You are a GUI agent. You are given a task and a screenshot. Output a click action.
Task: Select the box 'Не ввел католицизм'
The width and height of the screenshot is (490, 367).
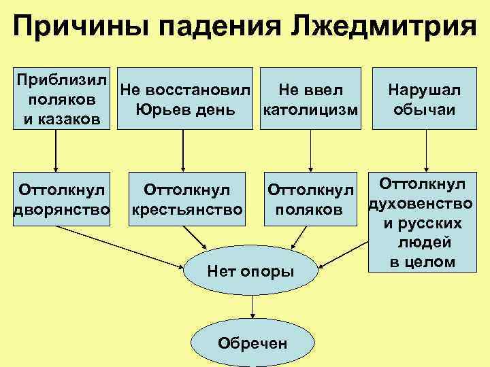[310, 99]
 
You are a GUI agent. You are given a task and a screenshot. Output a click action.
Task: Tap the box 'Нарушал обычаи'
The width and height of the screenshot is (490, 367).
[424, 99]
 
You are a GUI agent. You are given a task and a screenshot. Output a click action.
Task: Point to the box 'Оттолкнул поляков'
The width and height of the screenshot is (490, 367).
[310, 199]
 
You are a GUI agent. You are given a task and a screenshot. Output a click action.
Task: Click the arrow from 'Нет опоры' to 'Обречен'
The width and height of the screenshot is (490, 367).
[252, 307]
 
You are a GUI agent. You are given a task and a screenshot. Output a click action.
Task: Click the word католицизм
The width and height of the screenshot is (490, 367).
[310, 109]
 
